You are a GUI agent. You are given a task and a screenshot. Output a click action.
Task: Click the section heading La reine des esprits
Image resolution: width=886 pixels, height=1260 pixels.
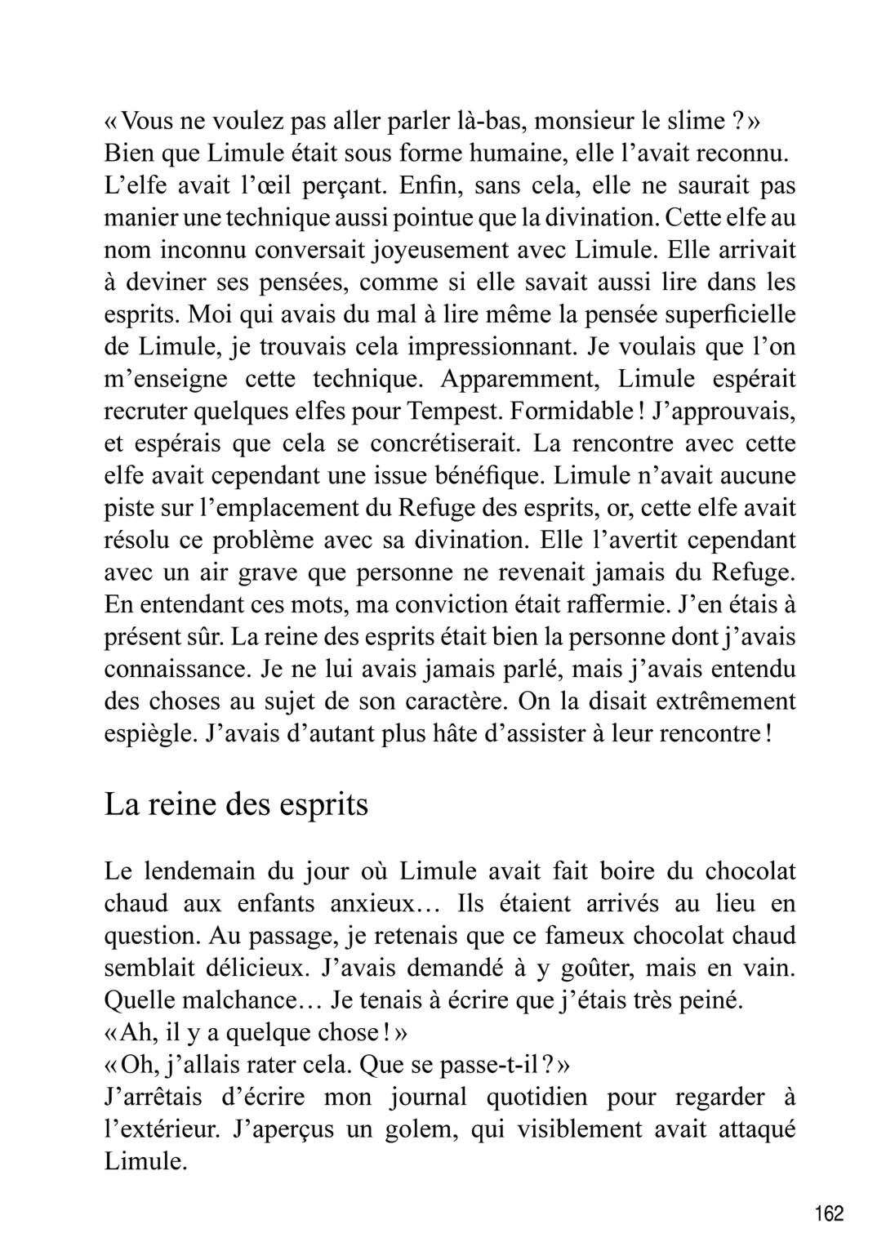[237, 804]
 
